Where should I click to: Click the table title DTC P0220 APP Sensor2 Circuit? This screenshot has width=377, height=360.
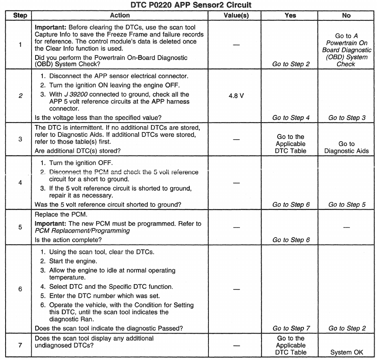pyautogui.click(x=191, y=5)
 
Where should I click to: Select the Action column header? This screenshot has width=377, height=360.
pyautogui.click(x=120, y=15)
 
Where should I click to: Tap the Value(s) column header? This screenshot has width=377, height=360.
pyautogui.click(x=236, y=15)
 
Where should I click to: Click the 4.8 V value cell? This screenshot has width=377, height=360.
pyautogui.click(x=236, y=96)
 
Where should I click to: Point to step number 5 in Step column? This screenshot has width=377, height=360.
pyautogui.click(x=20, y=227)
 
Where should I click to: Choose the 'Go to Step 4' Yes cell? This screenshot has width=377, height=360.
pyautogui.click(x=291, y=118)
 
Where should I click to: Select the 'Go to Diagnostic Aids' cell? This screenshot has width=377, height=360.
pyautogui.click(x=346, y=147)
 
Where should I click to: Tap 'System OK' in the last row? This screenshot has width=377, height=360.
pyautogui.click(x=347, y=352)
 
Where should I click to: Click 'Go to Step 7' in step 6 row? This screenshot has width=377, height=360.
pyautogui.click(x=291, y=328)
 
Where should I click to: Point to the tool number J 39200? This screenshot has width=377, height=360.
pyautogui.click(x=77, y=95)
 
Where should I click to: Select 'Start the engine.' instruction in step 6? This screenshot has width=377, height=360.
pyautogui.click(x=73, y=261)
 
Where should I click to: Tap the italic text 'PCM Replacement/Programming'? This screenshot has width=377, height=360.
pyautogui.click(x=82, y=231)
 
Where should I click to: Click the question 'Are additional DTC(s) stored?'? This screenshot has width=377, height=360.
pyautogui.click(x=78, y=150)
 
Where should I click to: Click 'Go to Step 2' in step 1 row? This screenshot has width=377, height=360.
pyautogui.click(x=291, y=64)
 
